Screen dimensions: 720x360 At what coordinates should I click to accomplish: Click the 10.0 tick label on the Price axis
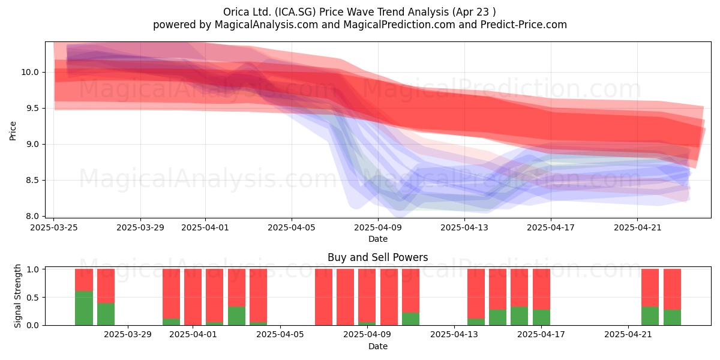[x=30, y=73]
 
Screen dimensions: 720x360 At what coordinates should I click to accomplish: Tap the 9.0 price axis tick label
[x=32, y=145]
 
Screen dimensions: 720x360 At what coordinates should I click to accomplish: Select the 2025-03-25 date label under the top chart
[x=53, y=227]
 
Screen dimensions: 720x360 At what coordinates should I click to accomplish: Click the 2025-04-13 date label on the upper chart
[x=464, y=227]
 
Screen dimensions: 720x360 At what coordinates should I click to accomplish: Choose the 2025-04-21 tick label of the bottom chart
[x=628, y=334]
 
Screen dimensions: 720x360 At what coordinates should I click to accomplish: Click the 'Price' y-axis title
[x=13, y=131]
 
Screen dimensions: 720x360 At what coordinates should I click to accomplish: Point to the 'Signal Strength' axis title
[x=17, y=296]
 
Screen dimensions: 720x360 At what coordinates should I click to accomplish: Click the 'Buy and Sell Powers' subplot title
[x=377, y=257]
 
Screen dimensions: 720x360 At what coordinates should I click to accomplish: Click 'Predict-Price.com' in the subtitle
[x=524, y=25]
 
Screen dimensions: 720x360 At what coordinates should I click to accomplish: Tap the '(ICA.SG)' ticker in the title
[x=295, y=12]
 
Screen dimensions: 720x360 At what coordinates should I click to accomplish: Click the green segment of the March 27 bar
[x=106, y=314]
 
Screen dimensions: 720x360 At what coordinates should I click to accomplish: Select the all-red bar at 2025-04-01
[x=193, y=297]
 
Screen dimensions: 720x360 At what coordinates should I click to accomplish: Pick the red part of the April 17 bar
[x=541, y=289]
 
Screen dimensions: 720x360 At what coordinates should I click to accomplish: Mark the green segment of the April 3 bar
[x=236, y=316]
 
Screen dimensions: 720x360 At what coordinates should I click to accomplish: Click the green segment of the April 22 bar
[x=650, y=316]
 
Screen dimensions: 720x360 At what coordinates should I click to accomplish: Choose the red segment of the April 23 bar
[x=672, y=289]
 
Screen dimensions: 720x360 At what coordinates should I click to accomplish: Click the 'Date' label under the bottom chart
[x=377, y=346]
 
